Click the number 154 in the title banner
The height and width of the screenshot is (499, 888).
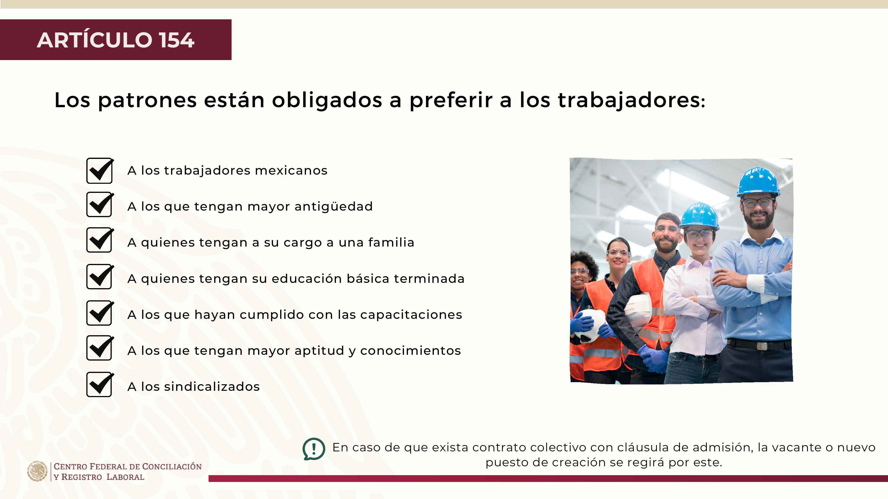[177, 40]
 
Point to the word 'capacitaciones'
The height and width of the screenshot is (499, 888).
[411, 315]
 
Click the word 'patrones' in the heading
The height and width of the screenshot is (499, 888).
[147, 101]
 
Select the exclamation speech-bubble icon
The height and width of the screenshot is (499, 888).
[314, 449]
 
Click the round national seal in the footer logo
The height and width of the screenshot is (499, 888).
[38, 471]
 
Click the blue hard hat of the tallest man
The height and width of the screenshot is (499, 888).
[758, 181]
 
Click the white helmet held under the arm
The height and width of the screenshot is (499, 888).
[638, 309]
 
